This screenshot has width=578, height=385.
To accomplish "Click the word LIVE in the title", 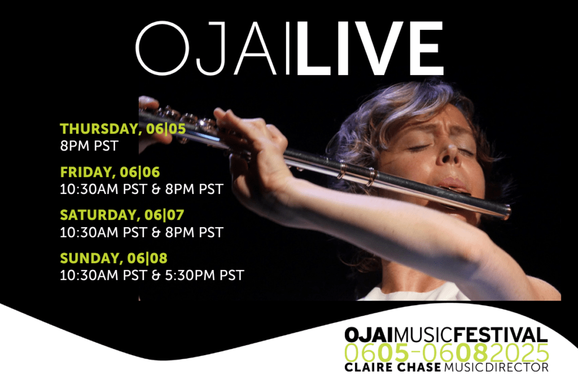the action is click(370, 48).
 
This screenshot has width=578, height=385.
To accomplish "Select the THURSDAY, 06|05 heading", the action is click(122, 129).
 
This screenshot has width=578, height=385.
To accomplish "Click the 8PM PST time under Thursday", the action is click(89, 146).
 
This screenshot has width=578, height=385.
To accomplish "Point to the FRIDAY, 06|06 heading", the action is click(110, 172).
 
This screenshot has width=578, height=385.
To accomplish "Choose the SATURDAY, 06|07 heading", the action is click(122, 215).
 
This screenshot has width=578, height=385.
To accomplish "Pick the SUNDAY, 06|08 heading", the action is click(113, 258).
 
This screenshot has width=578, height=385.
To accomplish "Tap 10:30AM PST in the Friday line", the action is click(104, 189).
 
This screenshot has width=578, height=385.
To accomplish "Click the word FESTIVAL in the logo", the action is click(501, 335).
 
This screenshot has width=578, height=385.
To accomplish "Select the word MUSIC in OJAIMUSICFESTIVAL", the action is click(424, 335).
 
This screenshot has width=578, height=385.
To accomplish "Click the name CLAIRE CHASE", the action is click(393, 367).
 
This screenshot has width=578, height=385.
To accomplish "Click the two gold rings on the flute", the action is click(357, 172).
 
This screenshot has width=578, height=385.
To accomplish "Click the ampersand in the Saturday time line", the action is click(156, 233).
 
